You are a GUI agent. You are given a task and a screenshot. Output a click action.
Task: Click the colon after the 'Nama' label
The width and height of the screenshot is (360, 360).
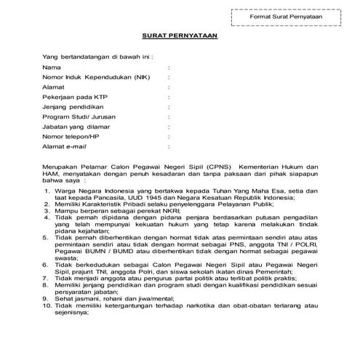coord(169,66)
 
